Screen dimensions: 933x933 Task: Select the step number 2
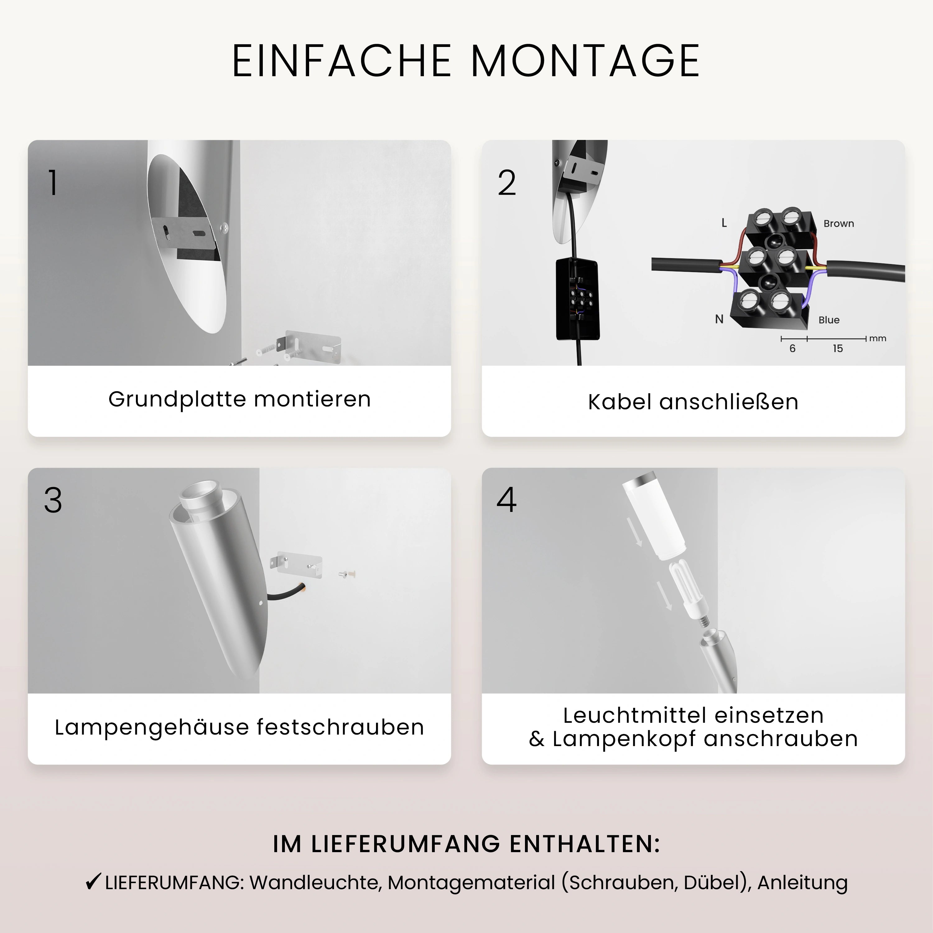[x=507, y=183]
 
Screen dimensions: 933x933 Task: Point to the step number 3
[x=53, y=500]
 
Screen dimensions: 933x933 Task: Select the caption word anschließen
[x=728, y=402]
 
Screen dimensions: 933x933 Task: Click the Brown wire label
[x=838, y=224]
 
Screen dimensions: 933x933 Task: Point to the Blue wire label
[x=829, y=320]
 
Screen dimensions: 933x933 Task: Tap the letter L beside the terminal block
[x=724, y=223]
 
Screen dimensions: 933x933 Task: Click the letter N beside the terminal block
[x=719, y=319]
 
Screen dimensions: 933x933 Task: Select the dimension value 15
[x=838, y=349]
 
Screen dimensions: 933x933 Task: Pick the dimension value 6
[x=792, y=349]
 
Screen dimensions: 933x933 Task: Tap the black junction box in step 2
[x=578, y=299]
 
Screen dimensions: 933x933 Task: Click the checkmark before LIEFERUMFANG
[x=93, y=882]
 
